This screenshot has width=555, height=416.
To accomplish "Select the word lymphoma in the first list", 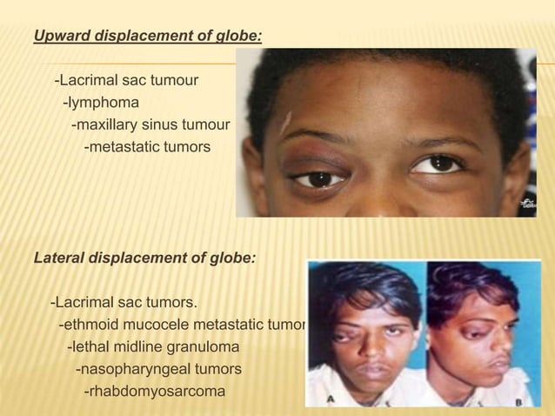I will [100, 104].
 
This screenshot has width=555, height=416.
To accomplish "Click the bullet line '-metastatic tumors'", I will [146, 147].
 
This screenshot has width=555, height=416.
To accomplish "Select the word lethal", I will [90, 348].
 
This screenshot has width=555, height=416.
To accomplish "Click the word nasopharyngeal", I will [130, 370].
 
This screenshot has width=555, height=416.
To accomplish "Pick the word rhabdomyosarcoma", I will [153, 392].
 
